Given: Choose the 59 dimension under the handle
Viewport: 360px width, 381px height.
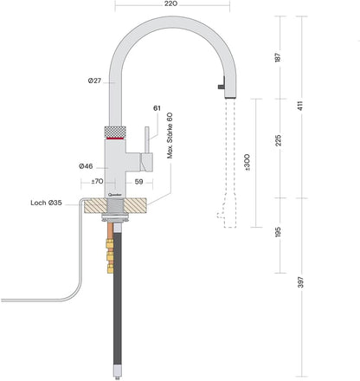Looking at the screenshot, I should point(140,182).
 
